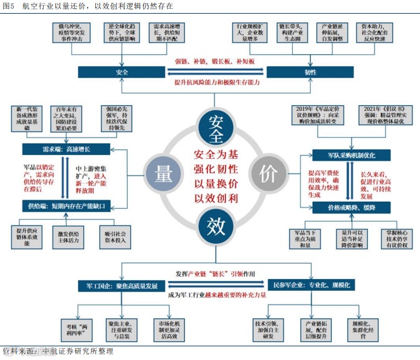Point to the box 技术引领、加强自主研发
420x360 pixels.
269,328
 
